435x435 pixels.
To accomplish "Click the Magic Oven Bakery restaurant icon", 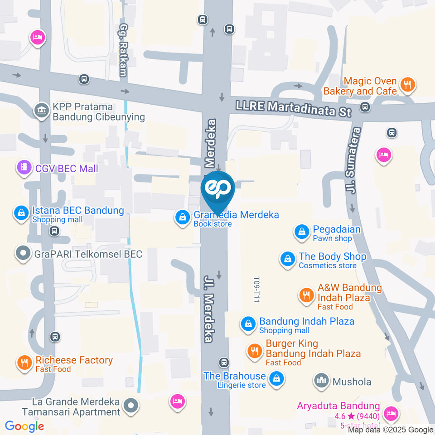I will coord(408,85).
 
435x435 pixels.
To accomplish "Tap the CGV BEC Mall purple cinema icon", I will coord(24,168).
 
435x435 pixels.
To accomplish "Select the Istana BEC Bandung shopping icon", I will coord(21,213).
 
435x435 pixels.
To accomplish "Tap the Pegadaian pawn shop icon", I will coord(301,232).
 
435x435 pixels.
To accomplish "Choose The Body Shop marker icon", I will coord(287,259).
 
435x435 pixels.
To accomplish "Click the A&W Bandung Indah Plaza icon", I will coord(307,295).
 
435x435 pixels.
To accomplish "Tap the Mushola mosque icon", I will coord(322,381).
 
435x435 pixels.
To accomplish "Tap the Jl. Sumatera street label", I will coord(354,160).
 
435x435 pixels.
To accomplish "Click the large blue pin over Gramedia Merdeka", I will coord(218,189).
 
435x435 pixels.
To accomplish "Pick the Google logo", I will coord(24,426).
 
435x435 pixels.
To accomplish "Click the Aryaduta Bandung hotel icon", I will coord(390,413).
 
